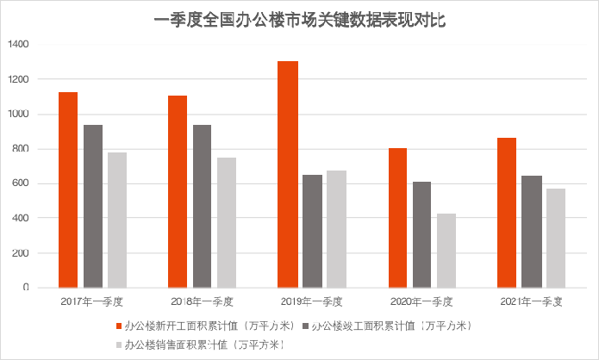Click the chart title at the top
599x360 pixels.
point(299,18)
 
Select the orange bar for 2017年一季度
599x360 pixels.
point(68,189)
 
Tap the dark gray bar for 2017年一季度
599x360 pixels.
point(93,206)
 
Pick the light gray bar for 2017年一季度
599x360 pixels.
point(117,220)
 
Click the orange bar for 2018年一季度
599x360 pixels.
point(178,191)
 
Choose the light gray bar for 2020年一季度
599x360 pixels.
point(446,251)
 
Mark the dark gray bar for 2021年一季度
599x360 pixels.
point(532,232)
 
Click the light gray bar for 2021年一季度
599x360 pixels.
point(556,238)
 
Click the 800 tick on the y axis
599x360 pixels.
point(20,149)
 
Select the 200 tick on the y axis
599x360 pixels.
point(20,253)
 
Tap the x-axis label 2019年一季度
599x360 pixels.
point(312,302)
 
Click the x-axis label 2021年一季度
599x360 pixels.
point(532,302)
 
